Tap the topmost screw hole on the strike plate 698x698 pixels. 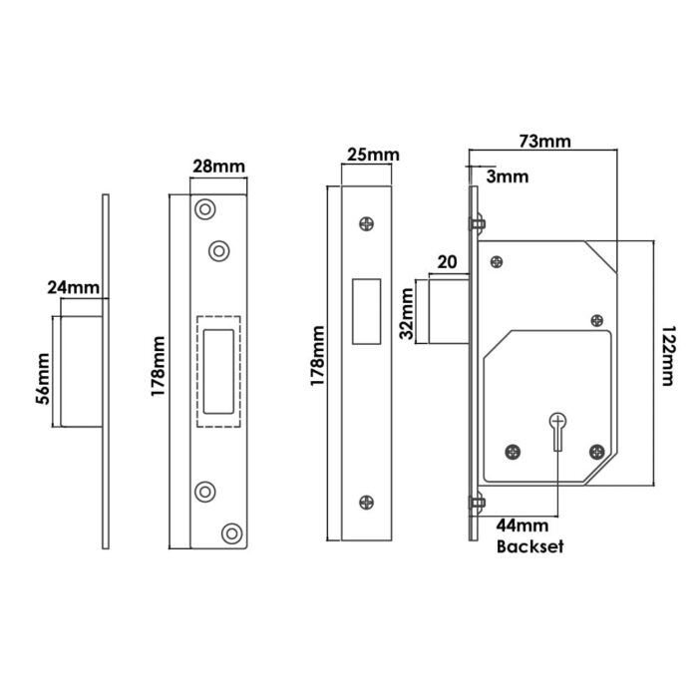tap(205, 210)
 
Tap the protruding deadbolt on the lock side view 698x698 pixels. tap(445, 313)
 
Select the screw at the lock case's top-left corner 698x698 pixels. tap(495, 262)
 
